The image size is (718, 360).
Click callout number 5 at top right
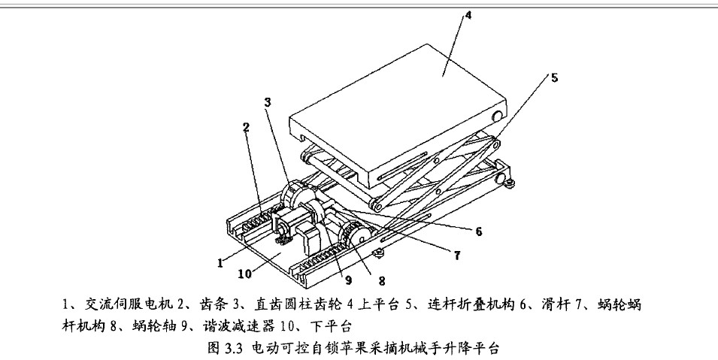(554, 76)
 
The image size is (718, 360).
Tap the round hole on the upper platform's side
(497, 117)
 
